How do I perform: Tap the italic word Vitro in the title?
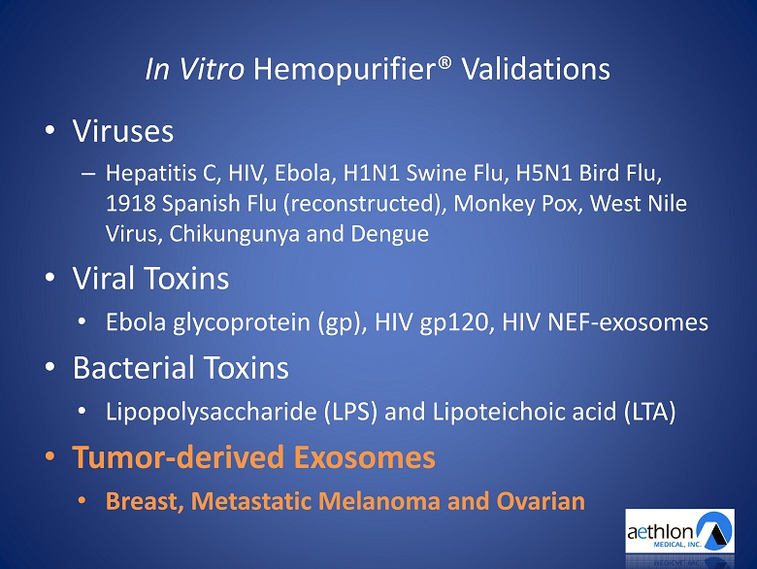click(212, 69)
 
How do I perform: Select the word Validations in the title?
click(536, 69)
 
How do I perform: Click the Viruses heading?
click(122, 131)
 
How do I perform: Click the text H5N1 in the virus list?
click(543, 174)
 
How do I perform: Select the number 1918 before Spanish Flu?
click(130, 204)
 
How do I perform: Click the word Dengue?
click(389, 235)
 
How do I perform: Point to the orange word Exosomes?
click(365, 457)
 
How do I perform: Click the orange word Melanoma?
click(378, 501)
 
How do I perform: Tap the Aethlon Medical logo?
click(679, 530)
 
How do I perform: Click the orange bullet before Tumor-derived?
click(50, 456)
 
